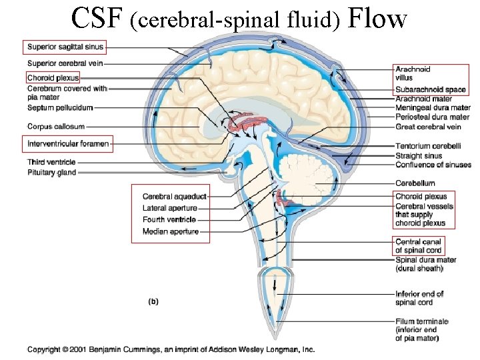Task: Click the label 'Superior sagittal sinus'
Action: [x=65, y=47]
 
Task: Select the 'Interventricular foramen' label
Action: [x=67, y=143]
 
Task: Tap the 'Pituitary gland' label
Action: [x=61, y=173]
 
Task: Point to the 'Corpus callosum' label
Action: [x=56, y=126]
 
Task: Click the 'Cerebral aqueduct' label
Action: [x=174, y=197]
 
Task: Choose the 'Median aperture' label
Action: [x=171, y=232]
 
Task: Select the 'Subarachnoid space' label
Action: [x=430, y=90]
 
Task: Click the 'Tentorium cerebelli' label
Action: [x=427, y=147]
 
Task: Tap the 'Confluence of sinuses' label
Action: [x=433, y=165]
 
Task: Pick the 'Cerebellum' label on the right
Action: [x=415, y=183]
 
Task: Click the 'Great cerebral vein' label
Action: [x=428, y=127]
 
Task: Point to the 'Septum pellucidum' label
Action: [x=60, y=107]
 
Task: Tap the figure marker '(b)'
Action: [x=153, y=301]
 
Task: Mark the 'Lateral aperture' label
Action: [x=170, y=208]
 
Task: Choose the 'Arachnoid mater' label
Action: [x=423, y=99]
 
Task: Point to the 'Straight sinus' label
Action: [x=419, y=156]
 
